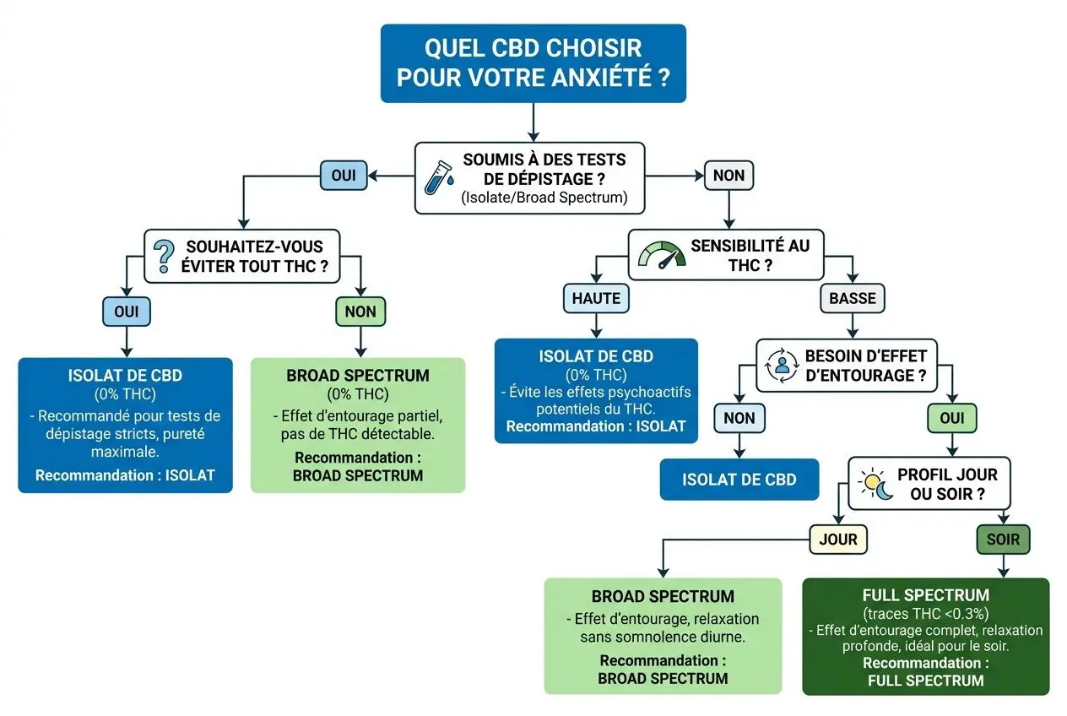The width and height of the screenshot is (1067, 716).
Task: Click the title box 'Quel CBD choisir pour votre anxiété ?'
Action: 533,63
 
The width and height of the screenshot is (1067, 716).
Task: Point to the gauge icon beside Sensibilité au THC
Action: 660,255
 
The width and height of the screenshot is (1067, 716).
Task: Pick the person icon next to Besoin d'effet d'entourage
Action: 781,366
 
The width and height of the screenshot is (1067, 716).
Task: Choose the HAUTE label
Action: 596,297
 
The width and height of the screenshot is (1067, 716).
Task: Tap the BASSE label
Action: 853,297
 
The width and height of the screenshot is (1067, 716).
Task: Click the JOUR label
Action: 837,539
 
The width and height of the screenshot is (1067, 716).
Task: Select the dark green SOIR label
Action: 1003,539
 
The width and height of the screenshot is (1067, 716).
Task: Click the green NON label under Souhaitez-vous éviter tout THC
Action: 360,312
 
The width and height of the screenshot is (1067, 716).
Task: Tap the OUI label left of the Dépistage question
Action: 344,176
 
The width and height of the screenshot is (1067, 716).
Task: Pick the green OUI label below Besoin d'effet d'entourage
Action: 952,417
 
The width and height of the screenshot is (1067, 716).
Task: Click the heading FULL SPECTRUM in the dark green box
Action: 926,596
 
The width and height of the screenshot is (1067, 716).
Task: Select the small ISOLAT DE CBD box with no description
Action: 739,480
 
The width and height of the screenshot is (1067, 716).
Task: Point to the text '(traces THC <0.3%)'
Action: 926,614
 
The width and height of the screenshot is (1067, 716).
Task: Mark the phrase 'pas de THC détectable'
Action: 357,435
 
